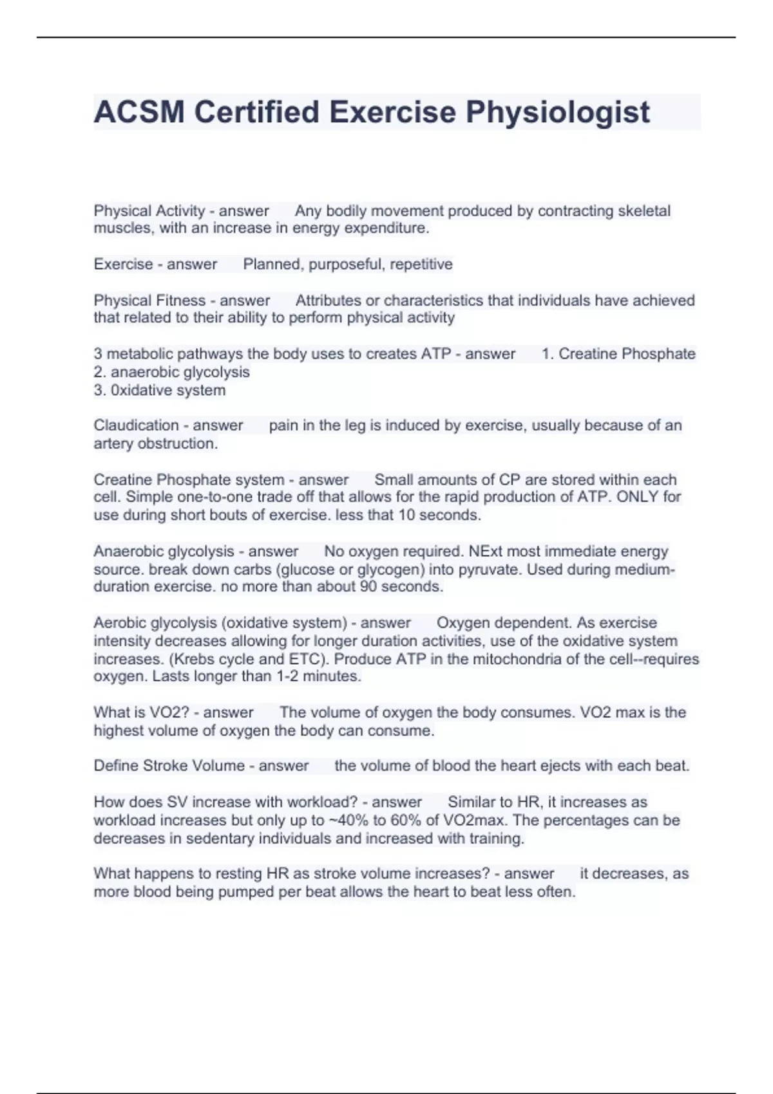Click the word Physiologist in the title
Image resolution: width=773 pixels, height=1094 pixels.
click(x=557, y=112)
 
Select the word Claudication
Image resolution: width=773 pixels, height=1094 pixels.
click(x=135, y=425)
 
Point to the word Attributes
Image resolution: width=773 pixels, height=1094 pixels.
click(x=328, y=301)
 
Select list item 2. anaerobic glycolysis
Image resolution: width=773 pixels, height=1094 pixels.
click(x=171, y=372)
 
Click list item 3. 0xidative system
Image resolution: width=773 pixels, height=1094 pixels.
click(x=160, y=390)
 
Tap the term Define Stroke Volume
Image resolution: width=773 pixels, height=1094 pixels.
click(x=169, y=766)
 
